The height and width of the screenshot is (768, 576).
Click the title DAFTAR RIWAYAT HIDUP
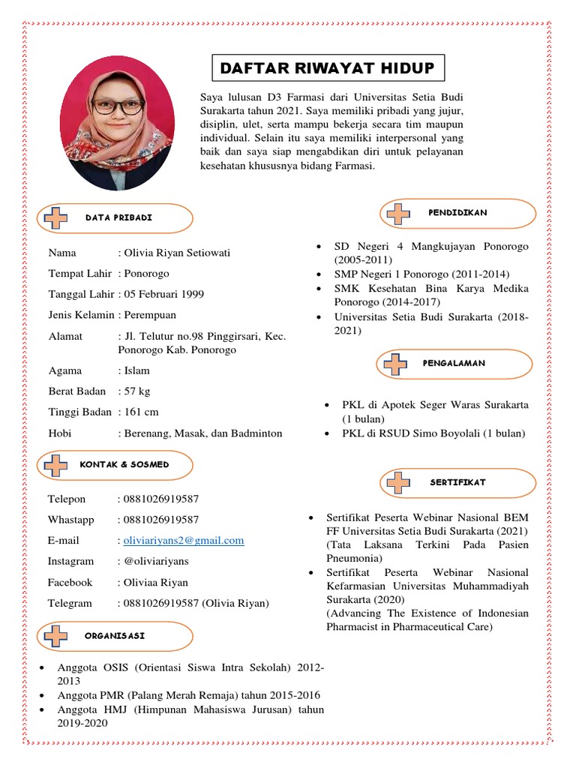coord(327,69)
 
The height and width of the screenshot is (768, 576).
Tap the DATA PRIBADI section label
coord(119,217)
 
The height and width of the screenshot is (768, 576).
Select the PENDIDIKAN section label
coord(457,213)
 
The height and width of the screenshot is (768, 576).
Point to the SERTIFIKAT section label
coord(457,482)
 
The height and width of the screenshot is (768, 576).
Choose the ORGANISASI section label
coord(115,635)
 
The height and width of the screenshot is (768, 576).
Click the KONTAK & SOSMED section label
coord(124,464)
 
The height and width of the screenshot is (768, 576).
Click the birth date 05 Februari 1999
coord(163,294)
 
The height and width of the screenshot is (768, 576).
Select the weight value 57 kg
coord(137,391)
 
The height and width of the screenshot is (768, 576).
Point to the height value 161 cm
coord(141,412)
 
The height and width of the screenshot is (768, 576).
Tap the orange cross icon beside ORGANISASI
coord(55,636)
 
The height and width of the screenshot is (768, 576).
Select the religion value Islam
coord(136,370)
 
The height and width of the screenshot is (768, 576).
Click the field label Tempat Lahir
coord(79,273)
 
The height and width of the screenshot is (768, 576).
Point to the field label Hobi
coord(60,433)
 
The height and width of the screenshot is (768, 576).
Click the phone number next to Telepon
coord(161,499)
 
